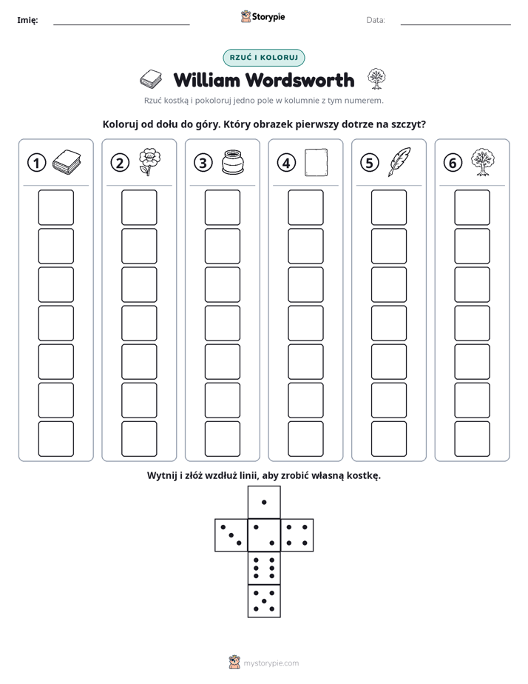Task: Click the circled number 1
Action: pos(36,163)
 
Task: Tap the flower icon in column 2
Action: pos(149,162)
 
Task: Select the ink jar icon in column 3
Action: pos(233,162)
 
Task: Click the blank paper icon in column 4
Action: pos(317,162)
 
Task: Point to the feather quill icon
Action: pos(399,162)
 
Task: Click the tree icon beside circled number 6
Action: pos(483,162)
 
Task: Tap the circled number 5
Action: pos(370,163)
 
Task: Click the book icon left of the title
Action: pos(151,79)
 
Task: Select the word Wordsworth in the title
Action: pos(299,80)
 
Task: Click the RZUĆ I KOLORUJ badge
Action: pos(264,58)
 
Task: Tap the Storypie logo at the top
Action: pos(263,17)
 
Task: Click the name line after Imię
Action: pos(121,25)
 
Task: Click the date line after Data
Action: pos(456,25)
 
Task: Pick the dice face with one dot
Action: pos(264,503)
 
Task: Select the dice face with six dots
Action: pos(264,569)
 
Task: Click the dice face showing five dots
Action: pos(264,601)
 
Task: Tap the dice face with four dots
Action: pos(297,535)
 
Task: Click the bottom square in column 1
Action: pos(56,439)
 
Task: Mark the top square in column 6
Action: pos(473,207)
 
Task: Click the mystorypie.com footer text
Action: pos(271,663)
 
